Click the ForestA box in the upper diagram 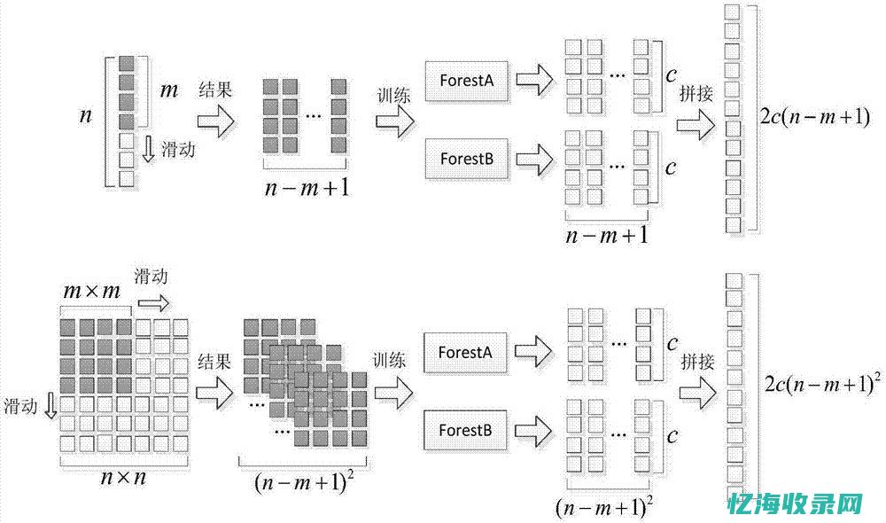(466, 81)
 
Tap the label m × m (91, 291)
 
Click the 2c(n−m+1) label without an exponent (815, 117)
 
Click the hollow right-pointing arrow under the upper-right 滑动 (152, 303)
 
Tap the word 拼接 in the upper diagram (696, 95)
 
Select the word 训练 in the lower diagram (390, 360)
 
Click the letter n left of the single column (86, 116)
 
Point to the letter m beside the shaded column (169, 90)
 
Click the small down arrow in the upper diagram (149, 148)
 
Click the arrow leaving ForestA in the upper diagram (532, 81)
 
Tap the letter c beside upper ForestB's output (671, 165)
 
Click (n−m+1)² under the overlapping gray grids (301, 483)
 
